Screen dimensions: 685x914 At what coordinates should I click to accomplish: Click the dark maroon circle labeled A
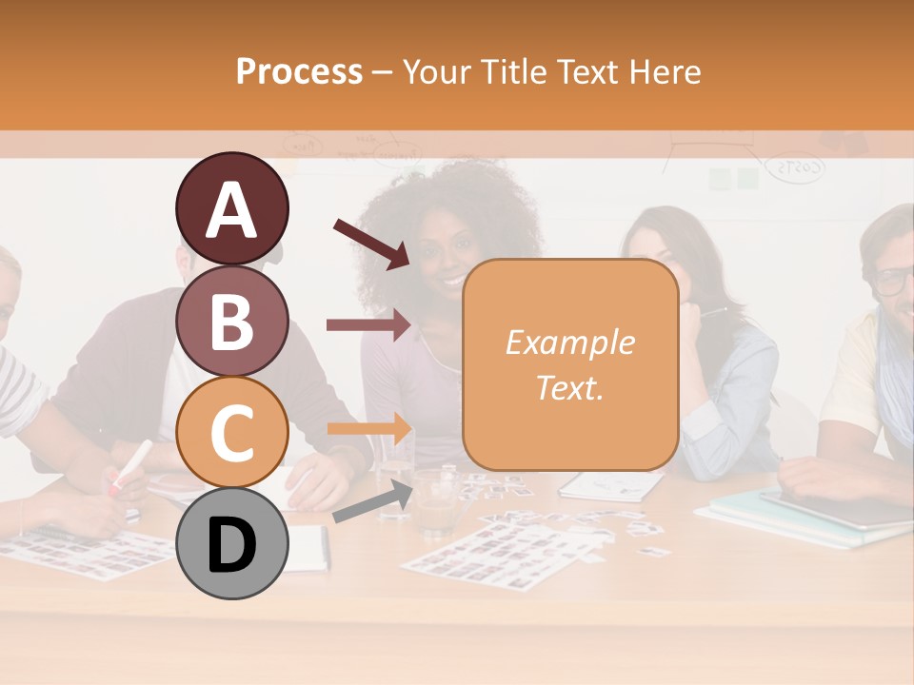(x=231, y=209)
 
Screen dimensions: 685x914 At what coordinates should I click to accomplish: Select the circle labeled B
(x=231, y=321)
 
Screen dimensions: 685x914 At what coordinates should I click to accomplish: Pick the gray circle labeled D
(x=231, y=542)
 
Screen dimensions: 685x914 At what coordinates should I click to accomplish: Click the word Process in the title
(x=299, y=71)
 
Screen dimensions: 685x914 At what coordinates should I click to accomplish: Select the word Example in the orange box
(x=569, y=342)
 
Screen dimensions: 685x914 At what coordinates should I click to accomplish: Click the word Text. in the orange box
(x=569, y=387)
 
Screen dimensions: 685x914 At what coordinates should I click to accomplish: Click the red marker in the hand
(x=130, y=466)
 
